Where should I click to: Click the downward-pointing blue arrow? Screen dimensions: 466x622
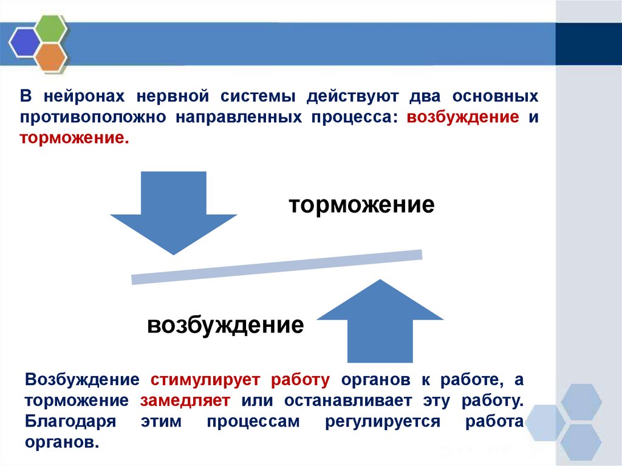(x=173, y=210)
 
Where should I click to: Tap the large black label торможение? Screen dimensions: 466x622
(x=361, y=204)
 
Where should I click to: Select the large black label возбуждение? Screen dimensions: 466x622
(x=225, y=324)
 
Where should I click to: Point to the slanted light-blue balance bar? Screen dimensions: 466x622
(x=277, y=267)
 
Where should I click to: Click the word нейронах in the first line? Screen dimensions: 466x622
(x=84, y=96)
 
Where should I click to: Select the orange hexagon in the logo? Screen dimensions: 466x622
(x=50, y=57)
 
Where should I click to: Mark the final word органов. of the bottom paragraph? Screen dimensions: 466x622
(x=61, y=442)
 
